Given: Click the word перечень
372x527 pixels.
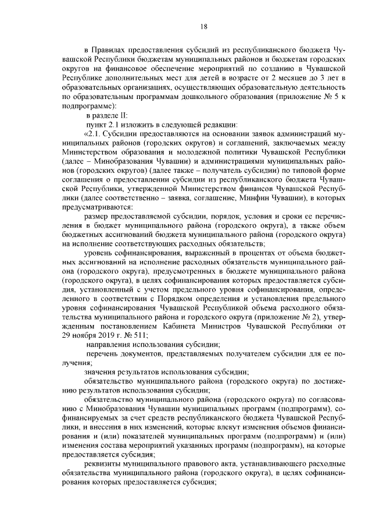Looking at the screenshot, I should click(x=103, y=353).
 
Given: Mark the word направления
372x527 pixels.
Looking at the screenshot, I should click(x=108, y=344).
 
